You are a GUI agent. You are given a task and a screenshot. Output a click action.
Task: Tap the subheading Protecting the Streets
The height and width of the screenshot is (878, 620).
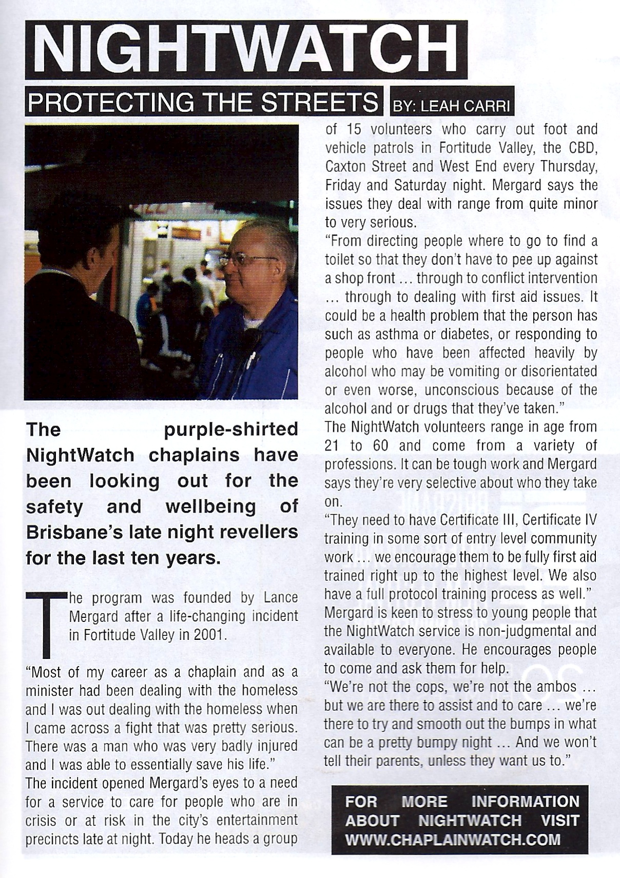coord(203,103)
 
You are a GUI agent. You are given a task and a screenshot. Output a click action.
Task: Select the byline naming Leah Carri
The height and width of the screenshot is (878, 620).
coord(452,106)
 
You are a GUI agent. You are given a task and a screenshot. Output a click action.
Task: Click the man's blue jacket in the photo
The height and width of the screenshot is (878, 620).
coord(267,349)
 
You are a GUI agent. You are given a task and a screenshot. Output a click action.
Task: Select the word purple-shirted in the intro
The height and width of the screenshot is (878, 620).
coord(231,429)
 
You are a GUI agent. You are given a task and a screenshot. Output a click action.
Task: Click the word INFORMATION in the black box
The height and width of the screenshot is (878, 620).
coord(525,802)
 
